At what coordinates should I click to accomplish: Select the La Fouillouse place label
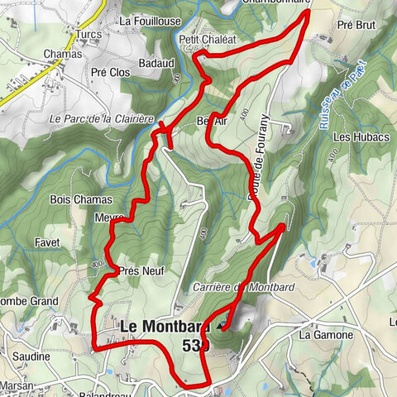coord(149,20)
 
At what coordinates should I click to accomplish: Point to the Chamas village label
coord(65,54)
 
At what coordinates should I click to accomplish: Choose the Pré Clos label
coord(111,72)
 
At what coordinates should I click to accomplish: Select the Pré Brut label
coord(356,26)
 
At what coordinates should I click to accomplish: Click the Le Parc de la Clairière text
coord(103,119)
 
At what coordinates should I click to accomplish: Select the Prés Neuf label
coord(141,270)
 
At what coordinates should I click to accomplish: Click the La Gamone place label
coord(326,335)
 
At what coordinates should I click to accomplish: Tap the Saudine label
coord(31,356)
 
